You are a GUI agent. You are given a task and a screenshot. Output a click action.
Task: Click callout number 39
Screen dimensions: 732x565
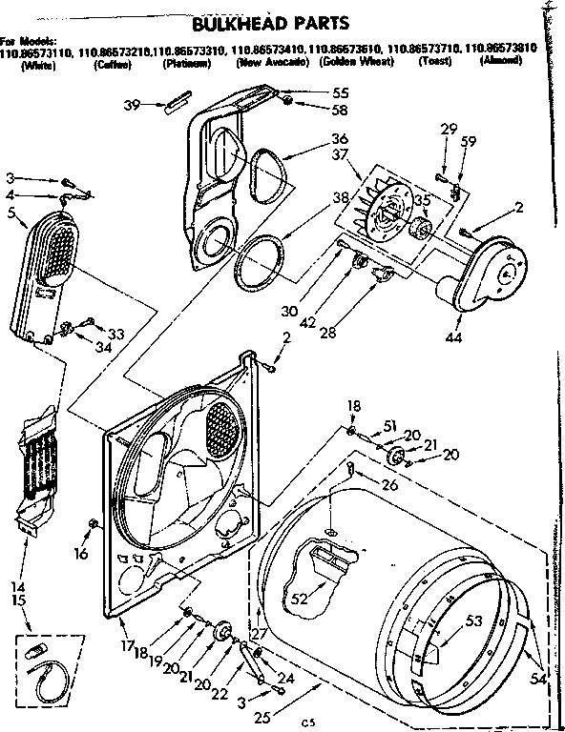(134, 104)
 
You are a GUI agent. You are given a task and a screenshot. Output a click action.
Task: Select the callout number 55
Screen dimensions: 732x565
(312, 93)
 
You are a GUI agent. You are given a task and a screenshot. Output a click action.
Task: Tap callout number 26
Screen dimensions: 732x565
(387, 484)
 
